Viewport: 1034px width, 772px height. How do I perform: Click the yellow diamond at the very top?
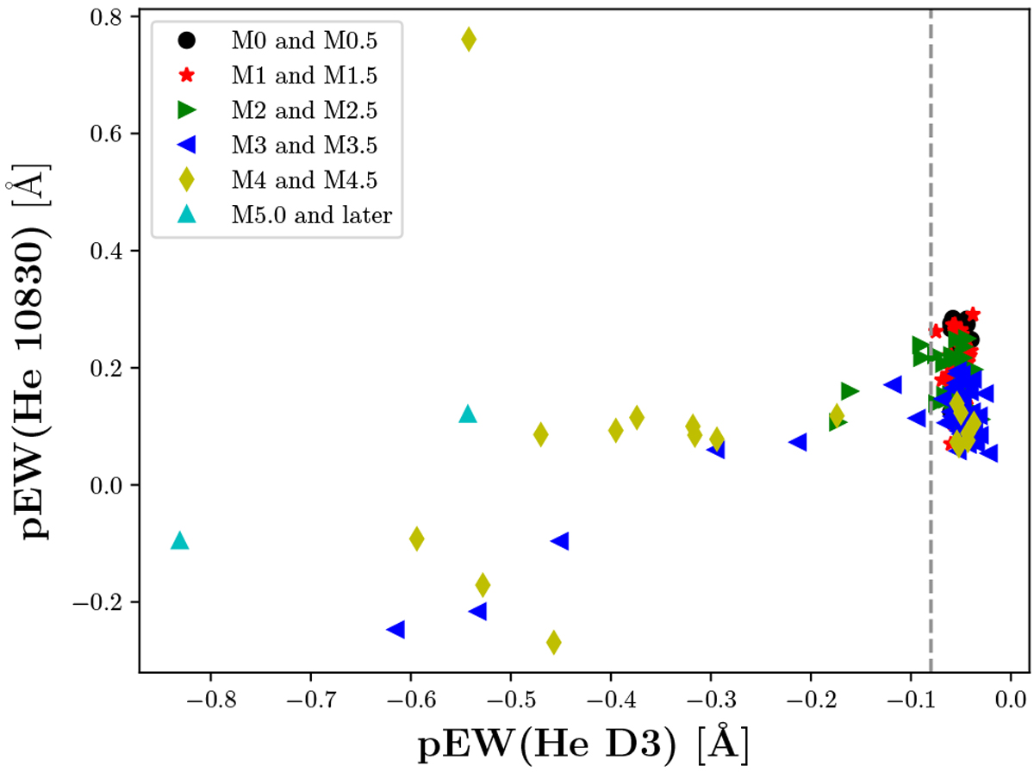[468, 40]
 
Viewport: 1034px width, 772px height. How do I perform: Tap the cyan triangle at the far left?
[179, 540]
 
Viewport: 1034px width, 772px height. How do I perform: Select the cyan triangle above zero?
[468, 414]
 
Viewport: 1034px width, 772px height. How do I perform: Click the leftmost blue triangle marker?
[396, 630]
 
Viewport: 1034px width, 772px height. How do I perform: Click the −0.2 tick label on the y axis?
[106, 602]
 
